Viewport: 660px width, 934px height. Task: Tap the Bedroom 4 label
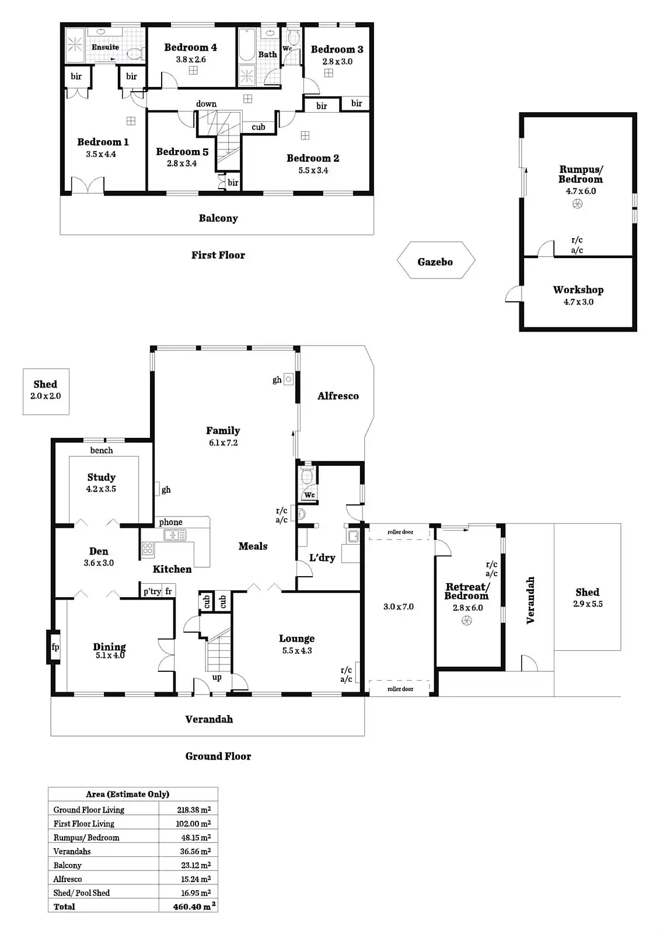[x=190, y=47]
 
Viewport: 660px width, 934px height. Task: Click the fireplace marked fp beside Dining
[x=55, y=647]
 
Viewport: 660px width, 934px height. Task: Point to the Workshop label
[x=578, y=290]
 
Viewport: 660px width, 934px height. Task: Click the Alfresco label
[x=338, y=396]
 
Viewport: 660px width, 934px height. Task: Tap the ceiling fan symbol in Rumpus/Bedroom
[x=577, y=204]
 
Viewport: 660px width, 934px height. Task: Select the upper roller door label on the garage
[x=400, y=532]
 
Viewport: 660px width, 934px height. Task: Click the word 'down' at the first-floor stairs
[x=206, y=104]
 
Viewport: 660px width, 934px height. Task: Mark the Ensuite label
[x=105, y=47]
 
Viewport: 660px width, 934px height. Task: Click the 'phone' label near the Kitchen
[x=170, y=522]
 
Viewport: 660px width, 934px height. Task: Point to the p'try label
[x=152, y=591]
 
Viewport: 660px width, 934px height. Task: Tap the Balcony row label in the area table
[x=68, y=865]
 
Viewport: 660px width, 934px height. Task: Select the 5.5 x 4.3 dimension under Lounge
[x=297, y=650]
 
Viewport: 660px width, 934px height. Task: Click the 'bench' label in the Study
[x=102, y=450]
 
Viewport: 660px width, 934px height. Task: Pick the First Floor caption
[x=218, y=255]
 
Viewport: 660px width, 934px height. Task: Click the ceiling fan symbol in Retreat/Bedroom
[x=467, y=621]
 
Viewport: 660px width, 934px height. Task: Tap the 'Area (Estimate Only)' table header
[x=127, y=794]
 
